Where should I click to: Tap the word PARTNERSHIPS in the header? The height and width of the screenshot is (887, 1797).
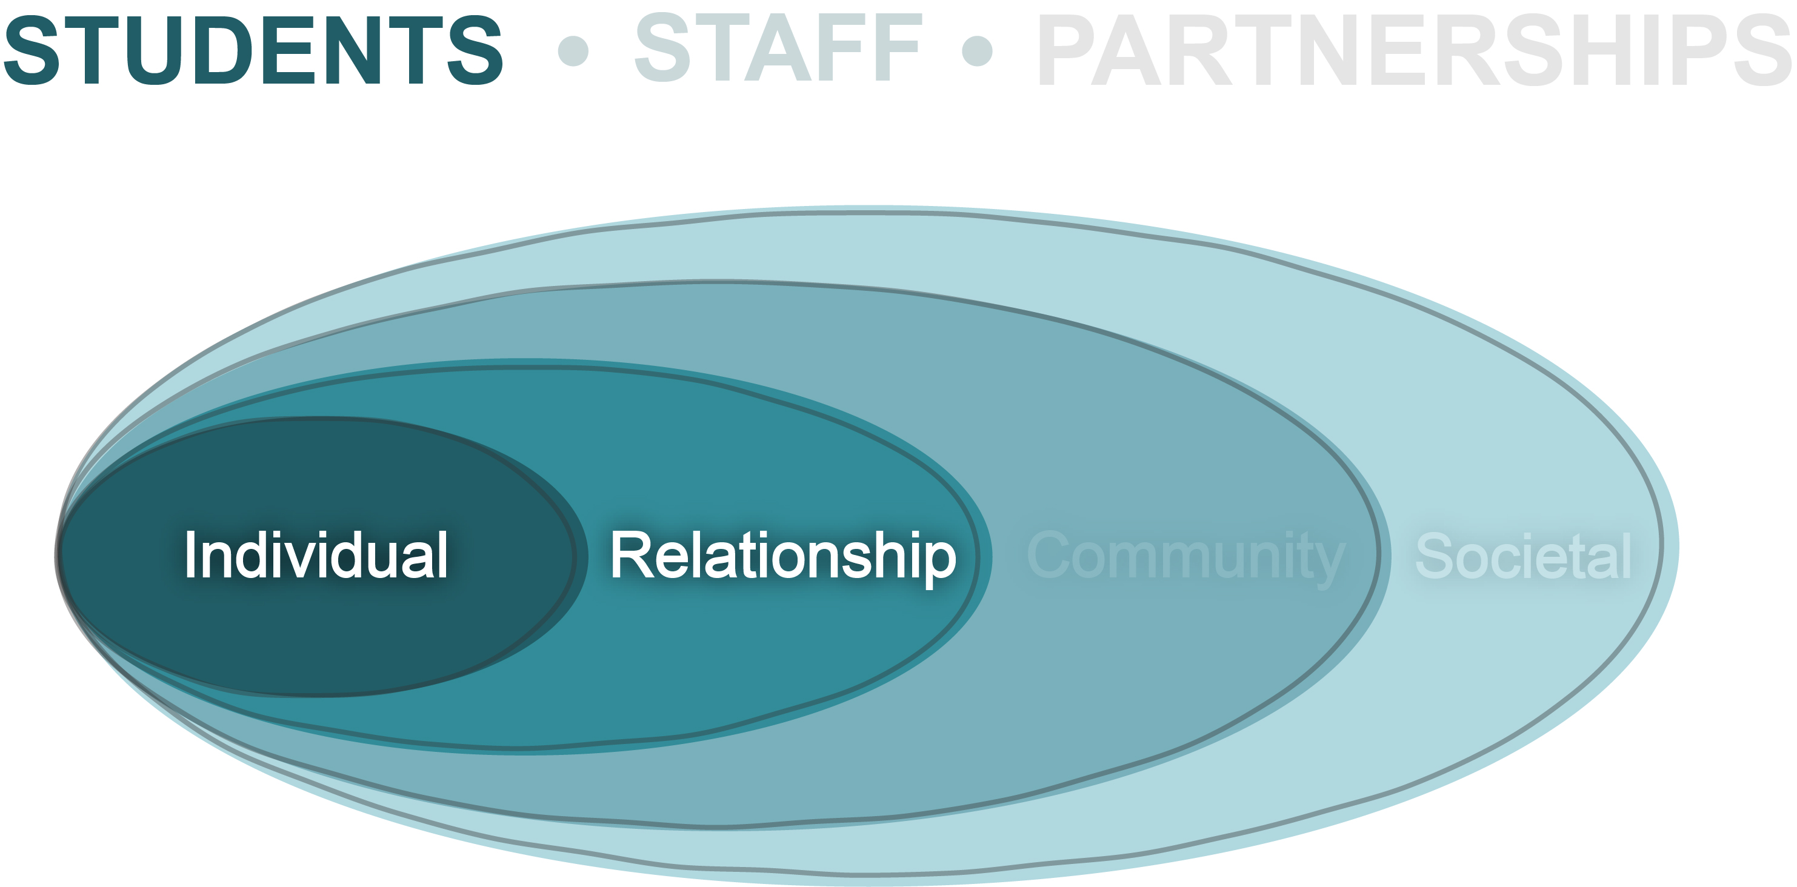pyautogui.click(x=1415, y=50)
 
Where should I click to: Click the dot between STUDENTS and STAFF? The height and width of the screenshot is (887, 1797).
pyautogui.click(x=573, y=51)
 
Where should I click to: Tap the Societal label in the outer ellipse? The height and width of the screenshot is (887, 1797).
pyautogui.click(x=1524, y=556)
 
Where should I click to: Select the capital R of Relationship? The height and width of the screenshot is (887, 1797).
pyautogui.click(x=631, y=554)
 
